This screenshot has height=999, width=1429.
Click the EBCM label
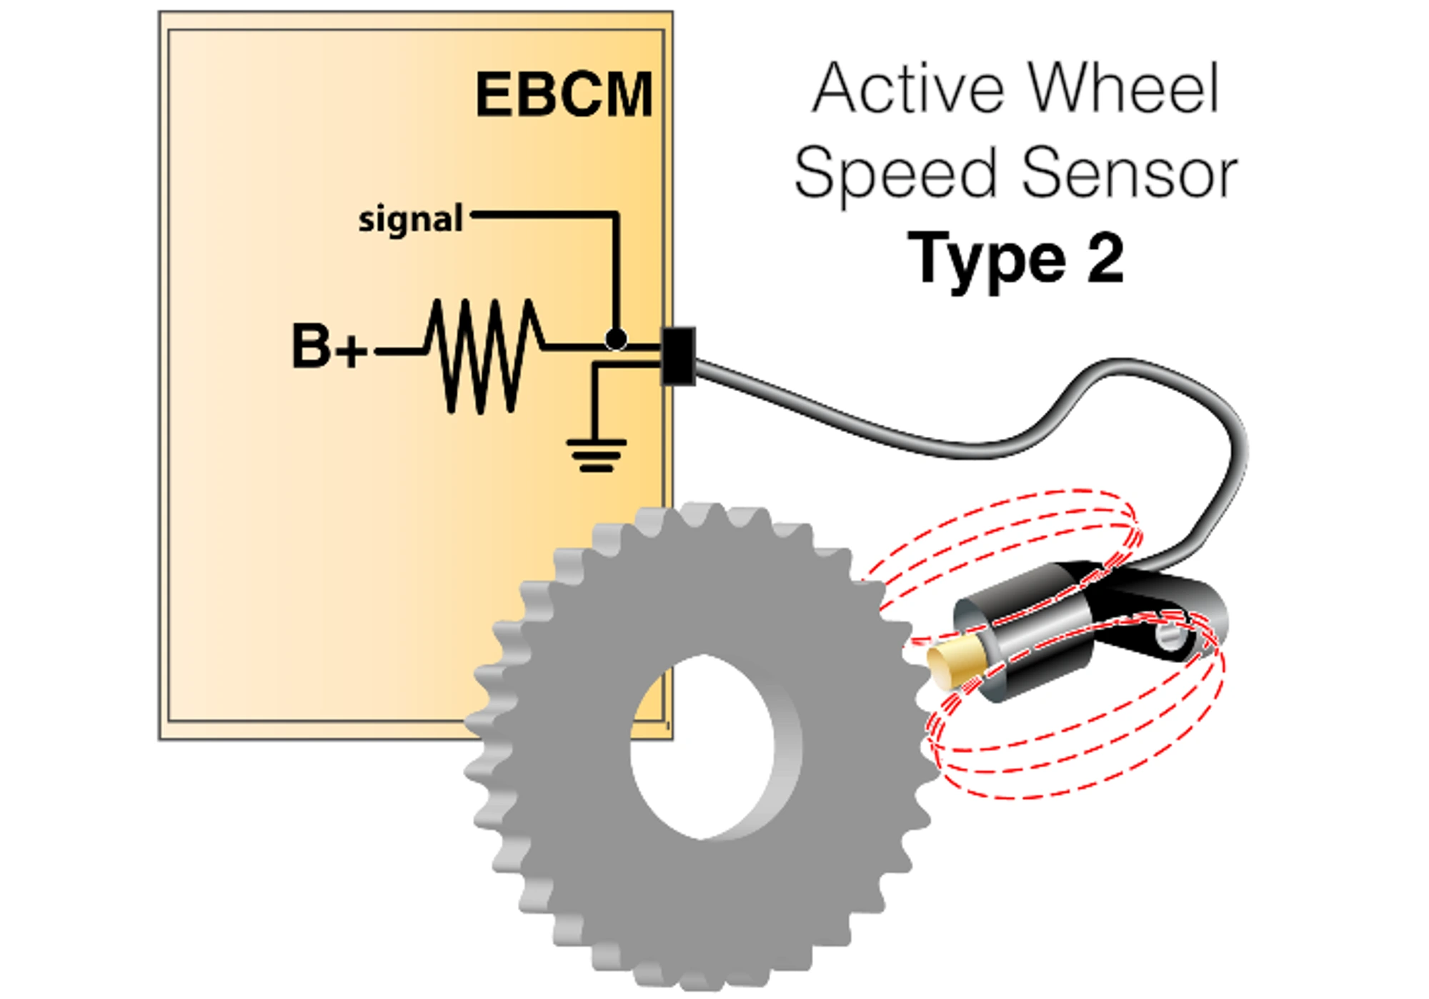click(564, 95)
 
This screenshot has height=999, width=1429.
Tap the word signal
click(410, 220)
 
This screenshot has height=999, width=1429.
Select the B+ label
click(328, 347)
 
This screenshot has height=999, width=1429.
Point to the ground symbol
click(597, 456)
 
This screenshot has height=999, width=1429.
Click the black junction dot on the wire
click(616, 338)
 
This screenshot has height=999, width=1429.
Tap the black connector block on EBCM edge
click(678, 356)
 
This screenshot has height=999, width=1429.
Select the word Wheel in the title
click(1123, 89)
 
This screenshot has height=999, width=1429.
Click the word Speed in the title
click(895, 174)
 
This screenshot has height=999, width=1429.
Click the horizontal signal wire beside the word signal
click(543, 214)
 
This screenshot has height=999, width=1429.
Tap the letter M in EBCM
click(625, 95)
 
